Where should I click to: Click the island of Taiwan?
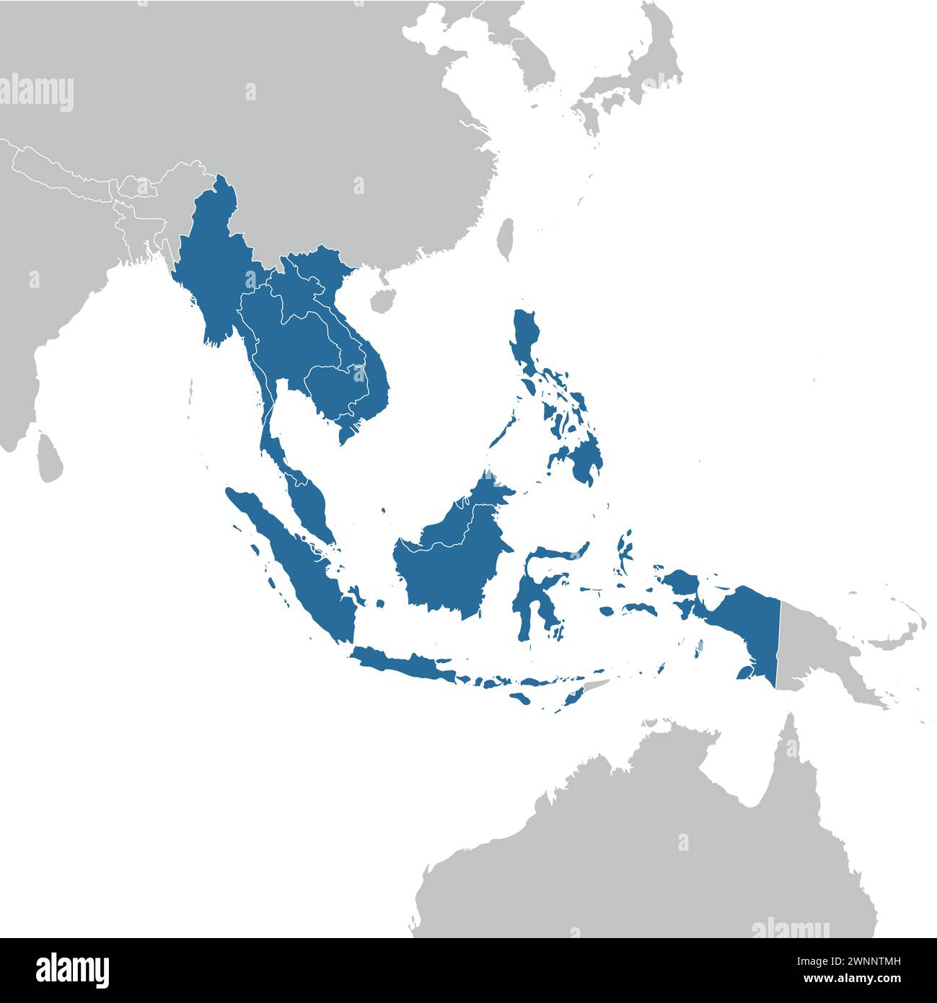click(506, 239)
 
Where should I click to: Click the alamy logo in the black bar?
click(72, 968)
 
